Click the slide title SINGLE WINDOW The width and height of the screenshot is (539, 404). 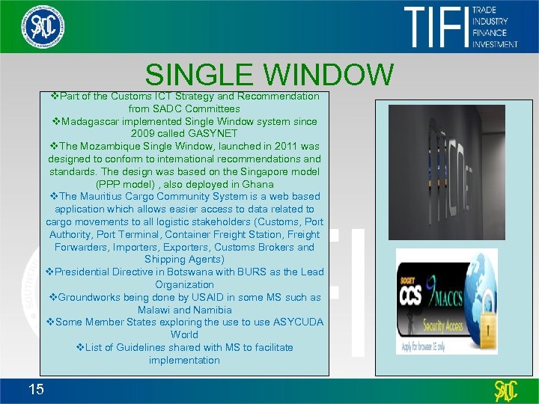point(269,75)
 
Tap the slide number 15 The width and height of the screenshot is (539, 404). point(34,388)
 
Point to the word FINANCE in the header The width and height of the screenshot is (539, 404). point(490,33)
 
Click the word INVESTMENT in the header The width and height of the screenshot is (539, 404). point(495,44)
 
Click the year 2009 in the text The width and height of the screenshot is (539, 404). point(163,134)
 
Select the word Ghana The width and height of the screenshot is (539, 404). point(258,184)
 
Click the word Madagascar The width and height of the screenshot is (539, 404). point(94,121)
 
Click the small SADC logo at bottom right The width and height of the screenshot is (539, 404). point(507,389)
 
